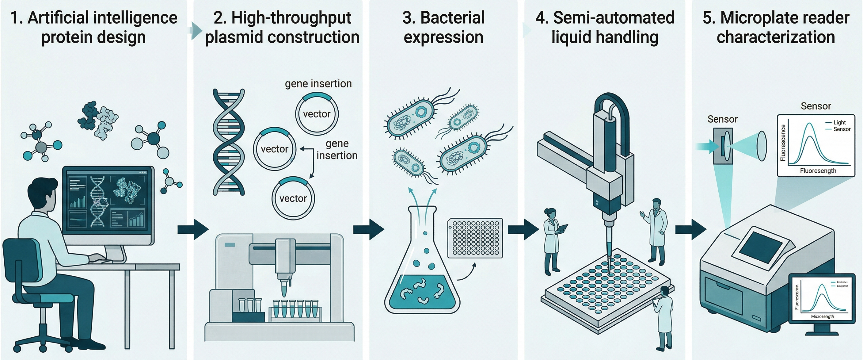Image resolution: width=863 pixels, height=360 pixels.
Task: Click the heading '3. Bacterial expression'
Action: (x=443, y=27)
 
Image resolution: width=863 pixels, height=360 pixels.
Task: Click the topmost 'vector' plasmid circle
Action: (x=317, y=114)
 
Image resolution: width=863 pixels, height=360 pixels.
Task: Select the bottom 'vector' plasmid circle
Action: (x=293, y=198)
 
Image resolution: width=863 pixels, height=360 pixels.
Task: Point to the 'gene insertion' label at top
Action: (x=318, y=83)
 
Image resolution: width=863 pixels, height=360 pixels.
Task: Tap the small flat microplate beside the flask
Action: (x=475, y=238)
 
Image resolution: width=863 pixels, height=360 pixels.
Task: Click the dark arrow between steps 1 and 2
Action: (x=193, y=230)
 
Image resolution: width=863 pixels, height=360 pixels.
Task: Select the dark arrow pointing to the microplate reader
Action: (x=690, y=230)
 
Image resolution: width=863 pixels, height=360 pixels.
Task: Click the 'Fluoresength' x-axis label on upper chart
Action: (x=818, y=170)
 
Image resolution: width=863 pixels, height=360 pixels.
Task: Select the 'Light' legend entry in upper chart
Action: (x=839, y=122)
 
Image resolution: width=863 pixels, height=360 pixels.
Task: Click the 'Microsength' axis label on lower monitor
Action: (x=822, y=316)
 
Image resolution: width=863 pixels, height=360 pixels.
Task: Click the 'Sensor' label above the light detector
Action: (x=722, y=119)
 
